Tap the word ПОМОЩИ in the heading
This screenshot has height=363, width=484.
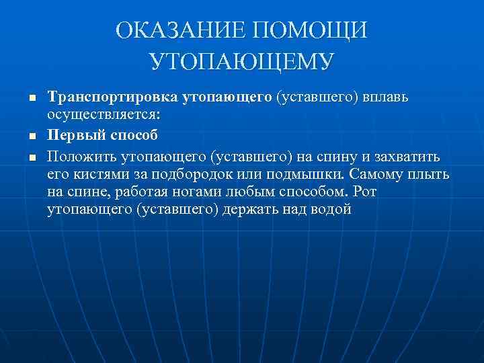(x=311, y=31)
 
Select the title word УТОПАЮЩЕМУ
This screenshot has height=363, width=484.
(x=242, y=62)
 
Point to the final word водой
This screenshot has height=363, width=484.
(x=329, y=210)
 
